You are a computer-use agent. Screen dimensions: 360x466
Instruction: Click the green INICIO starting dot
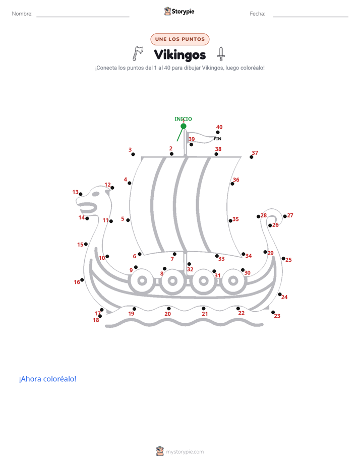(x=184, y=126)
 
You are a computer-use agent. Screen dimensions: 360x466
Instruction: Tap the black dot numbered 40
(x=218, y=132)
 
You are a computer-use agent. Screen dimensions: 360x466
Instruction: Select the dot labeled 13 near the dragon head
(x=81, y=194)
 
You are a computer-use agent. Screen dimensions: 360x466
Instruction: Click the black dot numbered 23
(x=273, y=312)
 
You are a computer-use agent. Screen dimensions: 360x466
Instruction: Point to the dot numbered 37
(x=252, y=157)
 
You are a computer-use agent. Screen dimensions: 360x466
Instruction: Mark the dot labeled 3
(x=133, y=154)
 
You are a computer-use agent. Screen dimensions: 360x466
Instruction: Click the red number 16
(x=77, y=282)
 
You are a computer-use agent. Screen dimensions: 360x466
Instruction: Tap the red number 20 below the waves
(x=168, y=314)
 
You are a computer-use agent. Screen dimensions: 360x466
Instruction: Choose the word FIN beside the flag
(x=217, y=139)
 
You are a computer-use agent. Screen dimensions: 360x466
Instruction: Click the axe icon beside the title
(x=138, y=53)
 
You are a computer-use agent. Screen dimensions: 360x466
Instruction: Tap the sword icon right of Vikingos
(x=221, y=54)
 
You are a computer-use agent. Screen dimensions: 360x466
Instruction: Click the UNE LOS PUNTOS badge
(x=180, y=39)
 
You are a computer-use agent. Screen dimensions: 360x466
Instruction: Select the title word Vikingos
(x=180, y=55)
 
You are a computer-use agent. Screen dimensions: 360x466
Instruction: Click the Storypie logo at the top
(x=179, y=11)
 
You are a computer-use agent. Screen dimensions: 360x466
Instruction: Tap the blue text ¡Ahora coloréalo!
(x=47, y=379)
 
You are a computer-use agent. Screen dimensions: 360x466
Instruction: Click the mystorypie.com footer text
(x=185, y=452)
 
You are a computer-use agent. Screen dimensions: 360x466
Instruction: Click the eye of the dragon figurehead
(x=96, y=194)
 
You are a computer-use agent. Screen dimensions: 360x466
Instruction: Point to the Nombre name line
(x=83, y=17)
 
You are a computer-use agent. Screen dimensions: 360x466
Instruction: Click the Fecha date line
(x=311, y=17)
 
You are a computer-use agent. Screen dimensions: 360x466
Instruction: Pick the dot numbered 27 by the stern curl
(x=285, y=216)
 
